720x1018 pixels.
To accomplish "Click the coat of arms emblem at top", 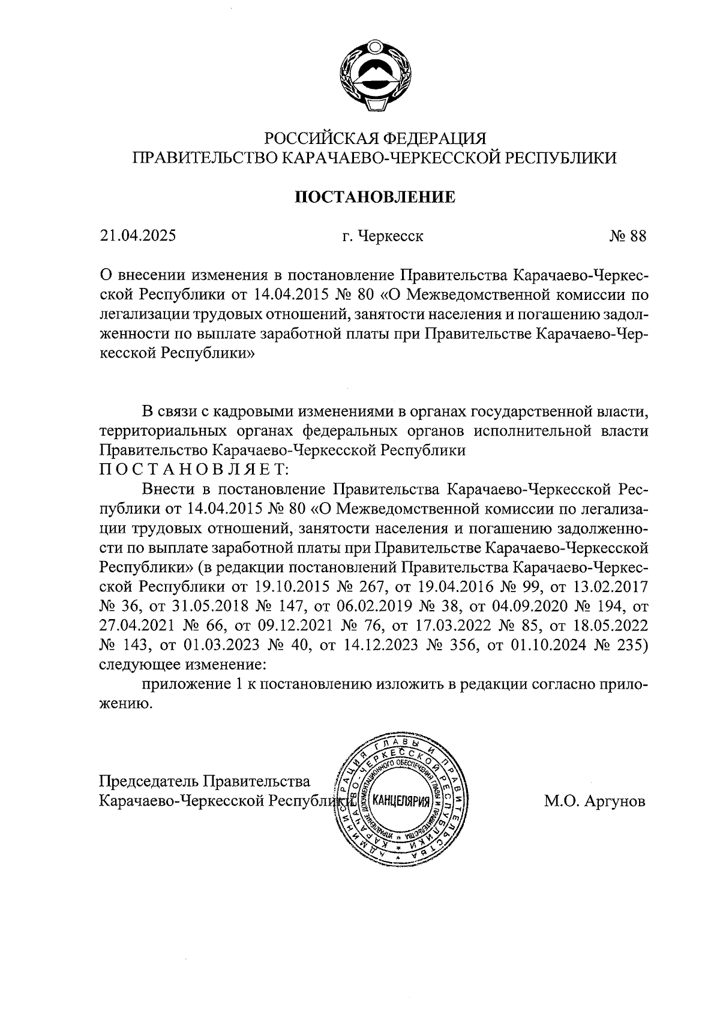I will pos(373,75).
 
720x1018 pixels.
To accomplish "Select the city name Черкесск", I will pos(391,236).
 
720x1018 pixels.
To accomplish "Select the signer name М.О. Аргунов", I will pos(595,801).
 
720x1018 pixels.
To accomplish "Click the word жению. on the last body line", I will pos(122,704).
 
